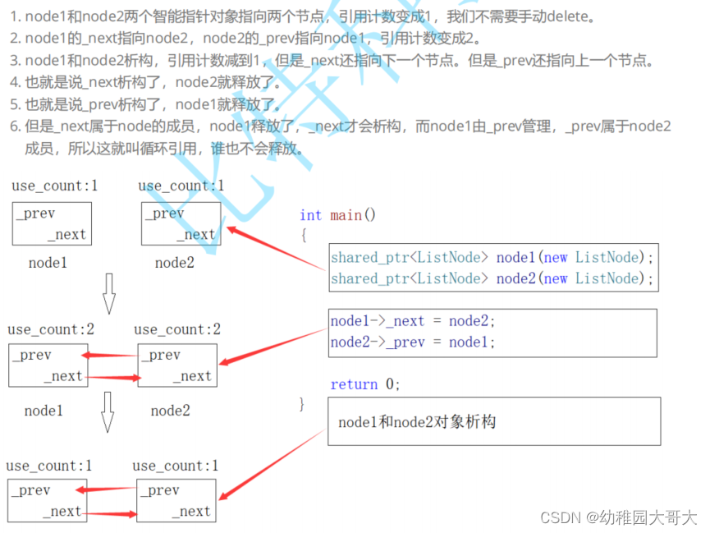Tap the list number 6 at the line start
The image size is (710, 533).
coord(14,126)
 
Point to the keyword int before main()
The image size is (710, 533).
coord(310,215)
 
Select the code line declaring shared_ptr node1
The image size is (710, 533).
coord(492,257)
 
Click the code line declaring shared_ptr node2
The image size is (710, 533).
coord(492,278)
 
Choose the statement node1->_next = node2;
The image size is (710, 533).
coord(413,321)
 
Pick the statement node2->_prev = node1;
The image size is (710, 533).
coord(413,342)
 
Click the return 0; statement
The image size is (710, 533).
coord(365,384)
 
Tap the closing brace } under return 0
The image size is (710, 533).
coord(302,403)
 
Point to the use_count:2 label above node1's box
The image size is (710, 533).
coord(51,329)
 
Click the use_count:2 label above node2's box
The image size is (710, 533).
coord(177,329)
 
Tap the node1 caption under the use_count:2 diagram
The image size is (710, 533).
coord(44,411)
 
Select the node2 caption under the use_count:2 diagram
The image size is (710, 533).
coord(170,411)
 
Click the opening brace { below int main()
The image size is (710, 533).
coord(303,235)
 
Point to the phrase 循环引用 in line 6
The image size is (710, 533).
coord(181,149)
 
